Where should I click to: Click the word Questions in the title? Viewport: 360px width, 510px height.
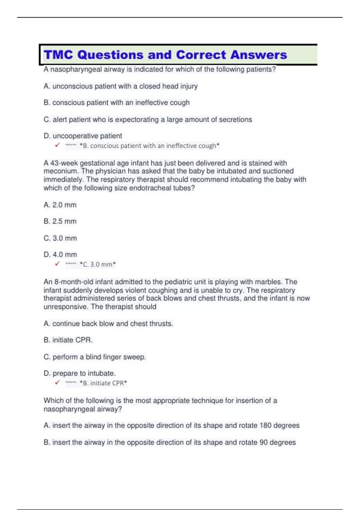(x=110, y=55)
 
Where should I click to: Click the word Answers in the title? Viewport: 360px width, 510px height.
(x=259, y=55)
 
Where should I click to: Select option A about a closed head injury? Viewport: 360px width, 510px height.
(x=120, y=86)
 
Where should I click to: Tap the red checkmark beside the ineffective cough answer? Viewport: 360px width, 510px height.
(x=57, y=145)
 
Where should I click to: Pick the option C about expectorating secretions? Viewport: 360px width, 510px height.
(x=148, y=120)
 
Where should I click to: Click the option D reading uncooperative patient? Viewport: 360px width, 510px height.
(x=82, y=136)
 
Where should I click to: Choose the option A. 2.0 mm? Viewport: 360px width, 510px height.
(x=60, y=205)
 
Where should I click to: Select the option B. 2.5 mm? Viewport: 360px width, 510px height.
(x=60, y=221)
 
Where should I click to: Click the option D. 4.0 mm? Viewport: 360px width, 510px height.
(x=60, y=255)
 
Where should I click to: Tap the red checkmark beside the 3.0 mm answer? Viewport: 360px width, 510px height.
(x=57, y=264)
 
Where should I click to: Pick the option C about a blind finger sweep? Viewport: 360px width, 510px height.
(x=94, y=357)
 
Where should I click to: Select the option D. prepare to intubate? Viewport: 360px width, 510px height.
(x=79, y=373)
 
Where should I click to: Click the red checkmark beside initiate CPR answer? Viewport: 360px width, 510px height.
(x=57, y=383)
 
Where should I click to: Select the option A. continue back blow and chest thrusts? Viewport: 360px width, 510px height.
(x=108, y=324)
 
